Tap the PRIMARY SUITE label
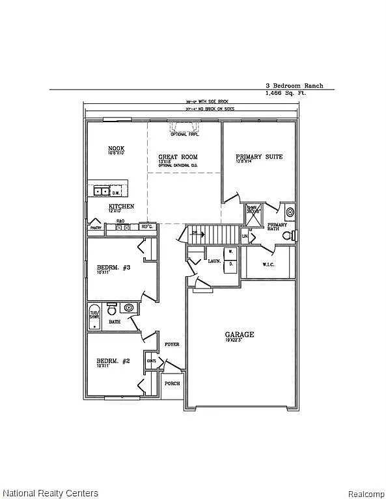[x=259, y=157]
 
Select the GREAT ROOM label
[x=178, y=157]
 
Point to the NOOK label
[x=116, y=149]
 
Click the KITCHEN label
[x=121, y=207]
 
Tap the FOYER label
[x=171, y=344]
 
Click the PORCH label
[x=172, y=383]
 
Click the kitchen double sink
[x=101, y=191]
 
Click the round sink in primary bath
[x=290, y=211]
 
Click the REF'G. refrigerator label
[x=146, y=226]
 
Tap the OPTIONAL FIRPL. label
[x=185, y=134]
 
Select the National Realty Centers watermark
[x=50, y=493]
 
